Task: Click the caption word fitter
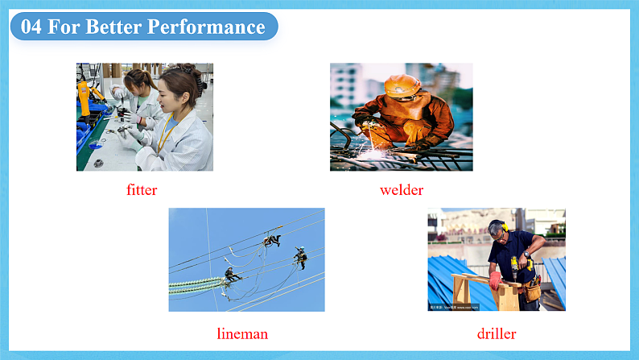point(142,190)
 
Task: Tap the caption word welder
point(402,190)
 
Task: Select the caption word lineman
point(242,334)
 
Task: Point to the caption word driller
point(497,334)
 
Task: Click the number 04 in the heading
point(31,27)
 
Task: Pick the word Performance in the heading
point(206,27)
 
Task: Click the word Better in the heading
point(113,27)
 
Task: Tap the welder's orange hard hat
point(402,85)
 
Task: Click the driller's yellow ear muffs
point(504,226)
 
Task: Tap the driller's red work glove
point(495,280)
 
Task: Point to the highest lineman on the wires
point(272,240)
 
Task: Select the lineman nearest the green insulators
point(232,275)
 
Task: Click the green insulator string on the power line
point(196,285)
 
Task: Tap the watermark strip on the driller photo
point(454,307)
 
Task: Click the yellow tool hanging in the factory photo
point(84,97)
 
